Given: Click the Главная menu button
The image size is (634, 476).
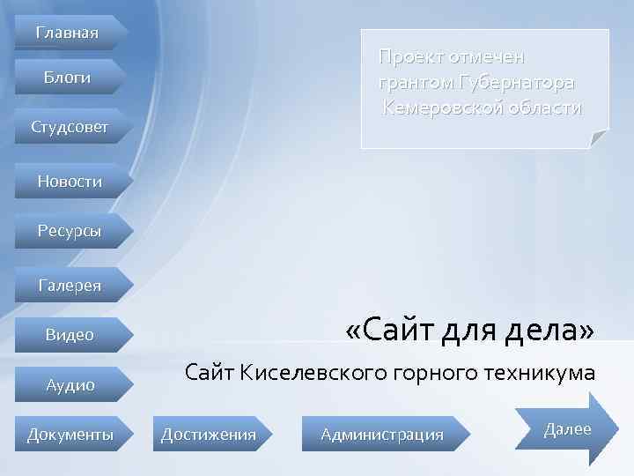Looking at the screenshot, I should [x=67, y=33].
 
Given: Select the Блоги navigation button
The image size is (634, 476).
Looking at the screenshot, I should [x=68, y=78].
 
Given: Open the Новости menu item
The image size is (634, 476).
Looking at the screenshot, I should [x=70, y=181].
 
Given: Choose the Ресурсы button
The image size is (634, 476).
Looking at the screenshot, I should [x=70, y=231].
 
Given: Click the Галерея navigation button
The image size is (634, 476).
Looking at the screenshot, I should [x=70, y=285].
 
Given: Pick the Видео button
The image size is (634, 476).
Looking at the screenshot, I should [x=70, y=335].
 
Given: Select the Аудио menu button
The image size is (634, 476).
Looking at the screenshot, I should [x=70, y=384].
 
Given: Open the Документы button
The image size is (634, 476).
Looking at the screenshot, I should [x=70, y=434].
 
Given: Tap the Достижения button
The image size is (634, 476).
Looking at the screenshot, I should [x=208, y=434].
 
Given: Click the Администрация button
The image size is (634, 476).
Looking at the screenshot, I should [x=382, y=434].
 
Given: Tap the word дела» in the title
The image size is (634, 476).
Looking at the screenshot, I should [x=552, y=331].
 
